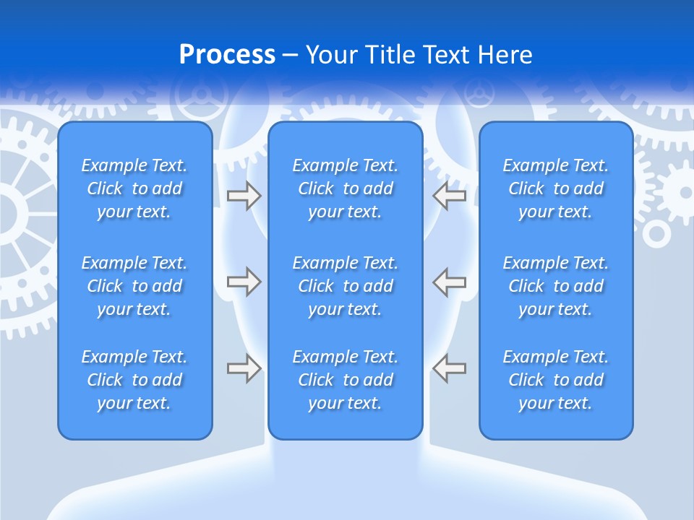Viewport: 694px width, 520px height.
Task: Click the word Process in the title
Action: tap(227, 55)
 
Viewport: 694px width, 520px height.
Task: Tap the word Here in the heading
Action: tap(506, 55)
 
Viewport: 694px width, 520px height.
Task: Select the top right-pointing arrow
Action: tap(244, 196)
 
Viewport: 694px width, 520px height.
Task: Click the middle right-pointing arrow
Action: tap(244, 282)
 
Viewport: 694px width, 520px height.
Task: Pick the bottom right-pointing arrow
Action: tap(244, 368)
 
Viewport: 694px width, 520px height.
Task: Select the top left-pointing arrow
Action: tap(449, 196)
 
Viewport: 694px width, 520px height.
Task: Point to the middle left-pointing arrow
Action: tap(449, 282)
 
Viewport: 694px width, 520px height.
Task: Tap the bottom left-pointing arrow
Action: tap(449, 368)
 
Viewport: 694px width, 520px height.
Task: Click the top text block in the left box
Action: tap(134, 188)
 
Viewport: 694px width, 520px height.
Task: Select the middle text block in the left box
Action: tap(134, 286)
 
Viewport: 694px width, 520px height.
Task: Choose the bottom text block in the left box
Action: tap(134, 380)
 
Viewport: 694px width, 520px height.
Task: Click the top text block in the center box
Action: tap(345, 188)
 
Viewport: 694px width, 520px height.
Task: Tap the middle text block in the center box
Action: tap(345, 286)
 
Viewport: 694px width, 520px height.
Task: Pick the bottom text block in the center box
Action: tap(345, 380)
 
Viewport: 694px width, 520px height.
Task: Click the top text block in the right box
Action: tap(555, 188)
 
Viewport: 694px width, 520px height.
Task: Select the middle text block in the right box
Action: tap(555, 286)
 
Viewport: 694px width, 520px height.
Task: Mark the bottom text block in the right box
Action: tap(555, 380)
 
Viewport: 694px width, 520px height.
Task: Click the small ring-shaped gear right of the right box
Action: tap(656, 233)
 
